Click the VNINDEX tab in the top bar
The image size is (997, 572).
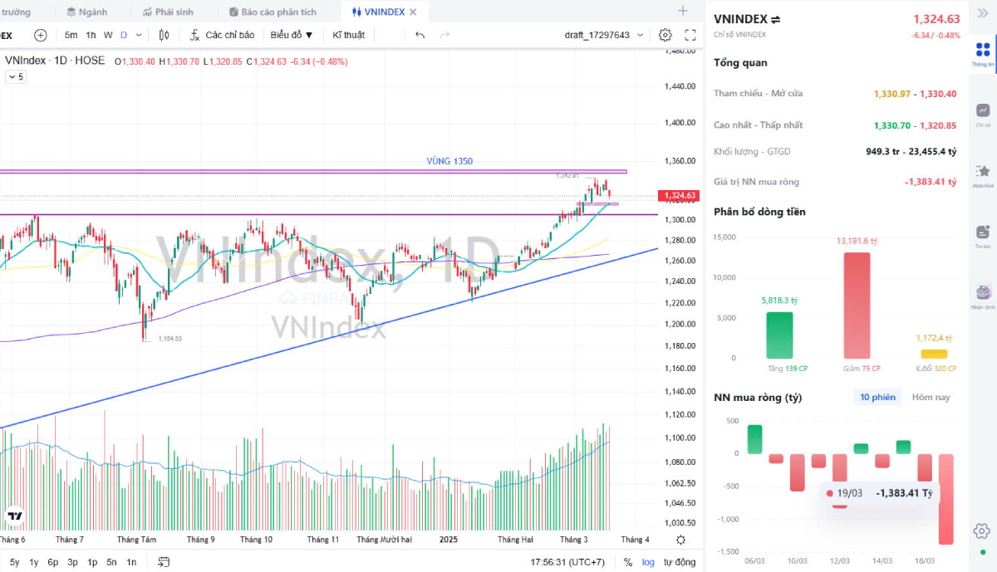(x=384, y=12)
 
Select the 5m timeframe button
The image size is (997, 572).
(x=71, y=35)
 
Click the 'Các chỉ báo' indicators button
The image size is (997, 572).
(x=222, y=35)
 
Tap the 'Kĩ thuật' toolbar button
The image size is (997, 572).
(x=348, y=35)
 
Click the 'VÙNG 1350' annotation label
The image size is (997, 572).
(x=449, y=161)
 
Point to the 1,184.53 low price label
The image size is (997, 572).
(x=169, y=338)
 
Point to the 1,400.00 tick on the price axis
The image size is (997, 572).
(x=680, y=122)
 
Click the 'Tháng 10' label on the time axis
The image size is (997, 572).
(x=256, y=540)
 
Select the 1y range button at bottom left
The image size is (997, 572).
(x=34, y=562)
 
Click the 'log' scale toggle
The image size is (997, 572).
(x=648, y=562)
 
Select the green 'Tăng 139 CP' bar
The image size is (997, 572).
(x=779, y=335)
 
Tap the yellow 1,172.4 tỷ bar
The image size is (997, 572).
(x=934, y=354)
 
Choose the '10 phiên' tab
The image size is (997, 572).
(x=877, y=398)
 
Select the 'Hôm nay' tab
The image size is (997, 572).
(x=931, y=398)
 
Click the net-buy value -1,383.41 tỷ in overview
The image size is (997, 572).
(x=930, y=182)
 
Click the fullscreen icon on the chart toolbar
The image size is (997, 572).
(x=690, y=35)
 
